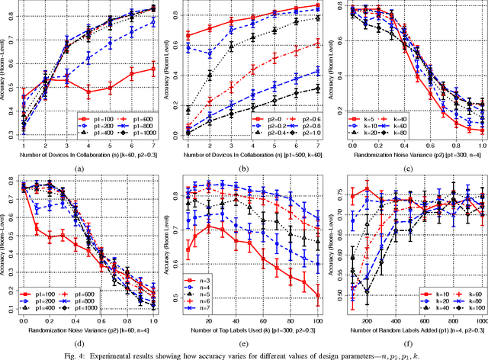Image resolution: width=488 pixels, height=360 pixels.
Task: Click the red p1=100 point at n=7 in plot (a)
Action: (155, 69)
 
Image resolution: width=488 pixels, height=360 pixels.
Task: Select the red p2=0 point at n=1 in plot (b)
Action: (188, 35)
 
